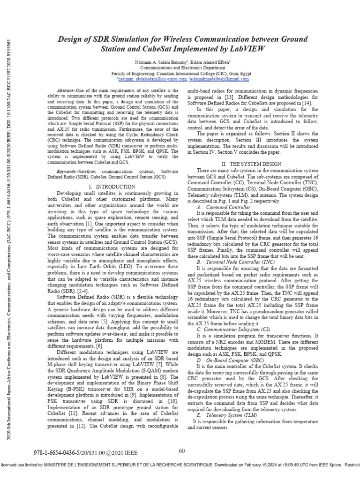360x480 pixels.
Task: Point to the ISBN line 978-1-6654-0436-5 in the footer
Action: pyautogui.click(x=63, y=454)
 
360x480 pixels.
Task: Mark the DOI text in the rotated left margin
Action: pyautogui.click(x=10, y=66)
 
